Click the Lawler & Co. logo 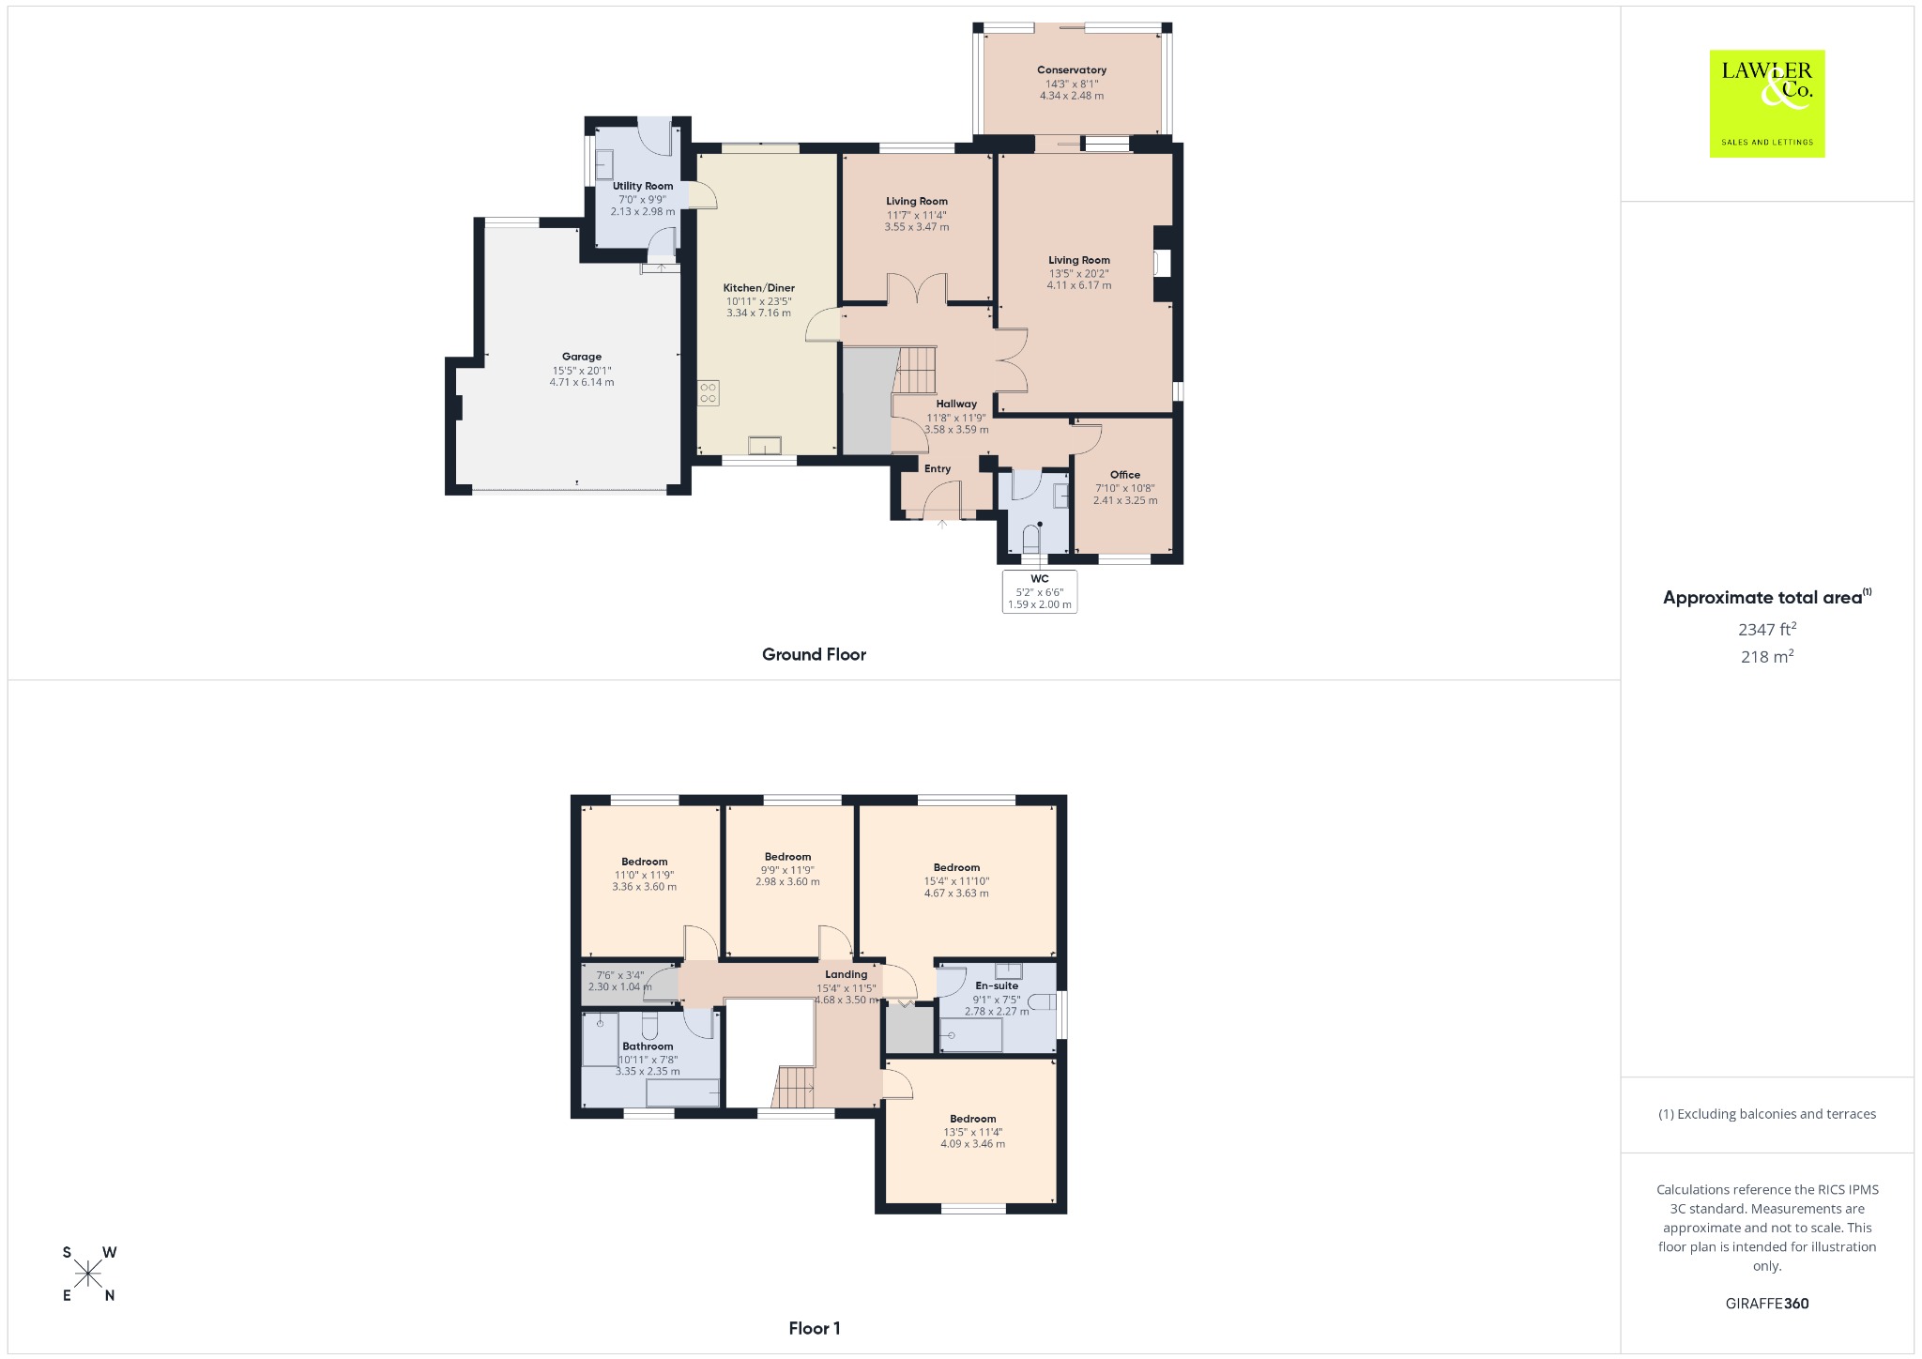pyautogui.click(x=1766, y=103)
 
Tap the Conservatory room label pyautogui.click(x=1072, y=70)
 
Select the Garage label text pyautogui.click(x=582, y=357)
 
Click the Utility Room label pyautogui.click(x=643, y=186)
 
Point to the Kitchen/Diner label pyautogui.click(x=758, y=288)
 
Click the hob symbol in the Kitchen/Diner pyautogui.click(x=709, y=392)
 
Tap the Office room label pyautogui.click(x=1125, y=475)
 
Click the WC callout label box pyautogui.click(x=1040, y=591)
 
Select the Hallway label pyautogui.click(x=956, y=404)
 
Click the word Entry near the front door pyautogui.click(x=938, y=469)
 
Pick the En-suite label pyautogui.click(x=997, y=985)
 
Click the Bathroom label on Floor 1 pyautogui.click(x=648, y=1046)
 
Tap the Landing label pyautogui.click(x=846, y=974)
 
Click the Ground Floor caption pyautogui.click(x=814, y=655)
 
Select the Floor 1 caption pyautogui.click(x=815, y=1328)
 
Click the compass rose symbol pyautogui.click(x=89, y=1274)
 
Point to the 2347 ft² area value pyautogui.click(x=1767, y=629)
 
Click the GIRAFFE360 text pyautogui.click(x=1767, y=1304)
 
